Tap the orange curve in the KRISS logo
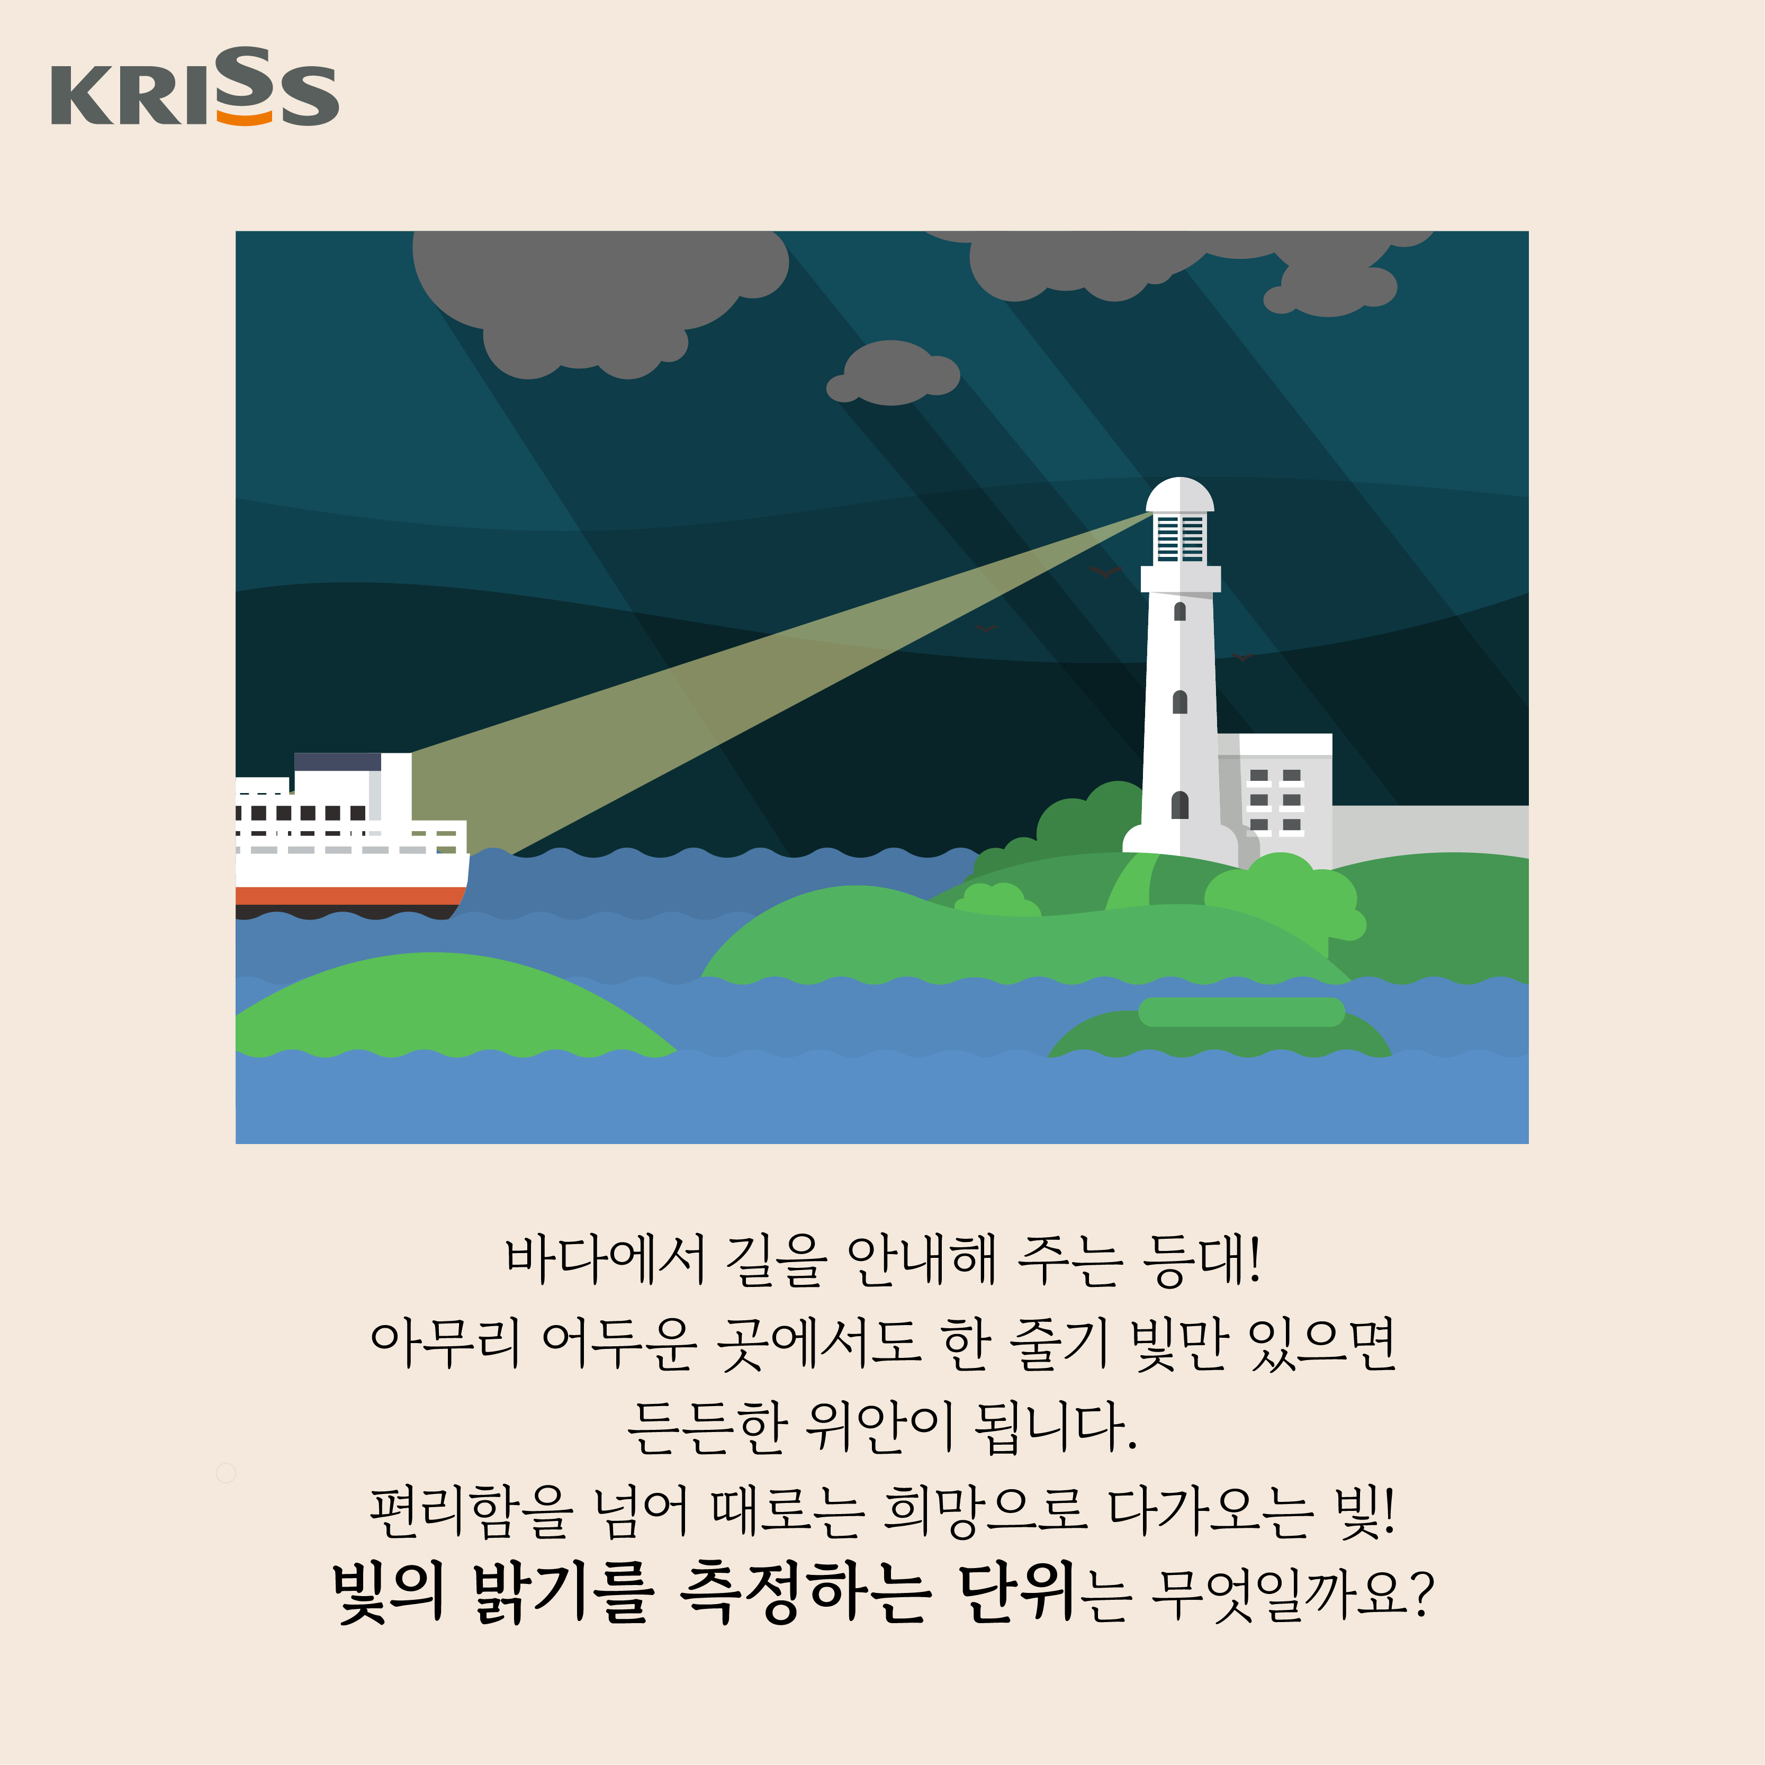pyautogui.click(x=244, y=118)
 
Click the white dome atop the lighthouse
pyautogui.click(x=1179, y=494)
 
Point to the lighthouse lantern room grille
pyautogui.click(x=1179, y=537)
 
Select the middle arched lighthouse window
pyautogui.click(x=1179, y=701)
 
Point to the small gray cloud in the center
pyautogui.click(x=893, y=373)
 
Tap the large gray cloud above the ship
pyautogui.click(x=600, y=301)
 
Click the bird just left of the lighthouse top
pyautogui.click(x=1105, y=572)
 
